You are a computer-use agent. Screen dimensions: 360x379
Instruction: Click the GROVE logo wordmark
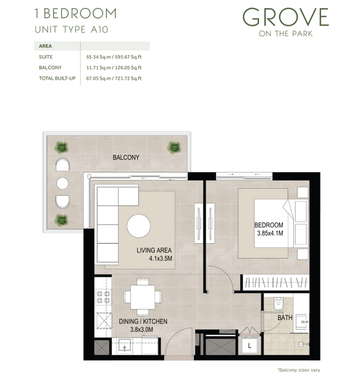285,17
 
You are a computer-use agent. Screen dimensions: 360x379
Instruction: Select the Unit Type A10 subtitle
71,30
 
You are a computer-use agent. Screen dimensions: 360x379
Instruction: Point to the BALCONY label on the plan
126,157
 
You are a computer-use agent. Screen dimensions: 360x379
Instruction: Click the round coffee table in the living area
138,226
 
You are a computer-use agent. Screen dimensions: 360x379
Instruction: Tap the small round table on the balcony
62,184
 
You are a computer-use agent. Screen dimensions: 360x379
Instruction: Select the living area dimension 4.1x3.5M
160,258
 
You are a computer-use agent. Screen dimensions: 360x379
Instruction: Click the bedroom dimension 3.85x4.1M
270,233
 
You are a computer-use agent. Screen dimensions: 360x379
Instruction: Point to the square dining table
143,297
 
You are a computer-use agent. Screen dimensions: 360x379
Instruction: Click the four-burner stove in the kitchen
103,298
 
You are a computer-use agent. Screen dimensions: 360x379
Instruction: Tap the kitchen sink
125,346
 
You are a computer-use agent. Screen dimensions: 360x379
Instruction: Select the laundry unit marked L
250,345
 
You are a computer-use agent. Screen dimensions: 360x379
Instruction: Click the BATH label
285,317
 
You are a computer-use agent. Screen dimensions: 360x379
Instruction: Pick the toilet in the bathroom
279,303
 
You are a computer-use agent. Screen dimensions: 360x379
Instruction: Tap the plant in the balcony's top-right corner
174,148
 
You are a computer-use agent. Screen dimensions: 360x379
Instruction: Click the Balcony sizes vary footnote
299,370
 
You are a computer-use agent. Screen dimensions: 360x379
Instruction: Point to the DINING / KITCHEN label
143,321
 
